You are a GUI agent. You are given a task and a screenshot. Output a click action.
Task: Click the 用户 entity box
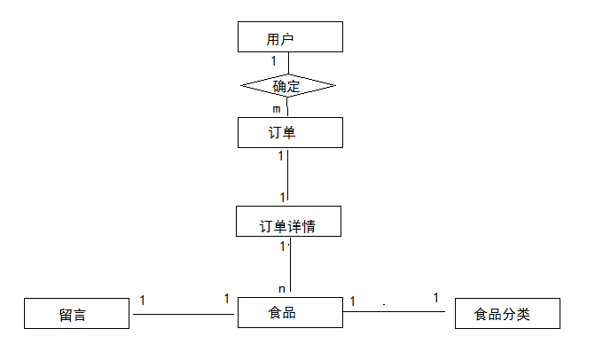pyautogui.click(x=290, y=38)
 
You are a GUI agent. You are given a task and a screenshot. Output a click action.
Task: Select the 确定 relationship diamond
pyautogui.click(x=289, y=86)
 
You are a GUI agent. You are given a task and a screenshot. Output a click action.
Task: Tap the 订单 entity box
pyautogui.click(x=290, y=133)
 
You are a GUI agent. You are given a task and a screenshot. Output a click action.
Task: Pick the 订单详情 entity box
pyautogui.click(x=289, y=222)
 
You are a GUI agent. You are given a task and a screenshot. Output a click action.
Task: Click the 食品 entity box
pyautogui.click(x=290, y=313)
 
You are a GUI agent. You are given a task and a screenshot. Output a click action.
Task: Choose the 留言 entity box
pyautogui.click(x=76, y=314)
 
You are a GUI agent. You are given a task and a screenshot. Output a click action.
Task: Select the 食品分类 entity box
pyautogui.click(x=506, y=314)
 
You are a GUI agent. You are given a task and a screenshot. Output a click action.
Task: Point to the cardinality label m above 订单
pyautogui.click(x=277, y=109)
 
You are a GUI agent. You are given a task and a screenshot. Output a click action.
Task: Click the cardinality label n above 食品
pyautogui.click(x=282, y=288)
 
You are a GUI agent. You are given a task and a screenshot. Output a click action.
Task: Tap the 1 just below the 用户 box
pyautogui.click(x=274, y=61)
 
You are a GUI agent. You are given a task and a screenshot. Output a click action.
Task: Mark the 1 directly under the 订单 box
pyautogui.click(x=281, y=156)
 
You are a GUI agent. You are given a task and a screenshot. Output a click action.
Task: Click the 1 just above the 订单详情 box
pyautogui.click(x=283, y=197)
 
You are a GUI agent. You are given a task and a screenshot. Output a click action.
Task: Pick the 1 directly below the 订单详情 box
pyautogui.click(x=283, y=246)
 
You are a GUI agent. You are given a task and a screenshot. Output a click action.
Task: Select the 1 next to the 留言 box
pyautogui.click(x=143, y=301)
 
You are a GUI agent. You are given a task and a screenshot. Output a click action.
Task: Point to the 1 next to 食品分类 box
pyautogui.click(x=435, y=298)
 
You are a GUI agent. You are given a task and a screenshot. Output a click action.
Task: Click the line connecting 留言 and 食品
pyautogui.click(x=184, y=313)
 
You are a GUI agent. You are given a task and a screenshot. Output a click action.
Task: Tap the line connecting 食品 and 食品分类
pyautogui.click(x=398, y=311)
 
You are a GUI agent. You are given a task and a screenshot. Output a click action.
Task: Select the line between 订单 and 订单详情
pyautogui.click(x=289, y=177)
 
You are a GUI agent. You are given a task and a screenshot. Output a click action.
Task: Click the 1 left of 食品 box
pyautogui.click(x=226, y=299)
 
